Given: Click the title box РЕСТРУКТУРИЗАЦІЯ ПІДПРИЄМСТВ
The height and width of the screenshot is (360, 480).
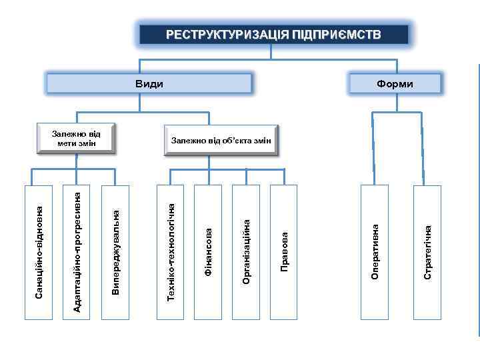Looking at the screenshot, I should [273, 35].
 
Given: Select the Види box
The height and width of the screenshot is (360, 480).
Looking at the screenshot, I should [149, 83].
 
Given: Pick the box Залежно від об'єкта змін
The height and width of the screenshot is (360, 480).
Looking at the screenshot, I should [221, 140].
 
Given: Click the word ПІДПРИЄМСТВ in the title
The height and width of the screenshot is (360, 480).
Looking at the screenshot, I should [336, 35].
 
